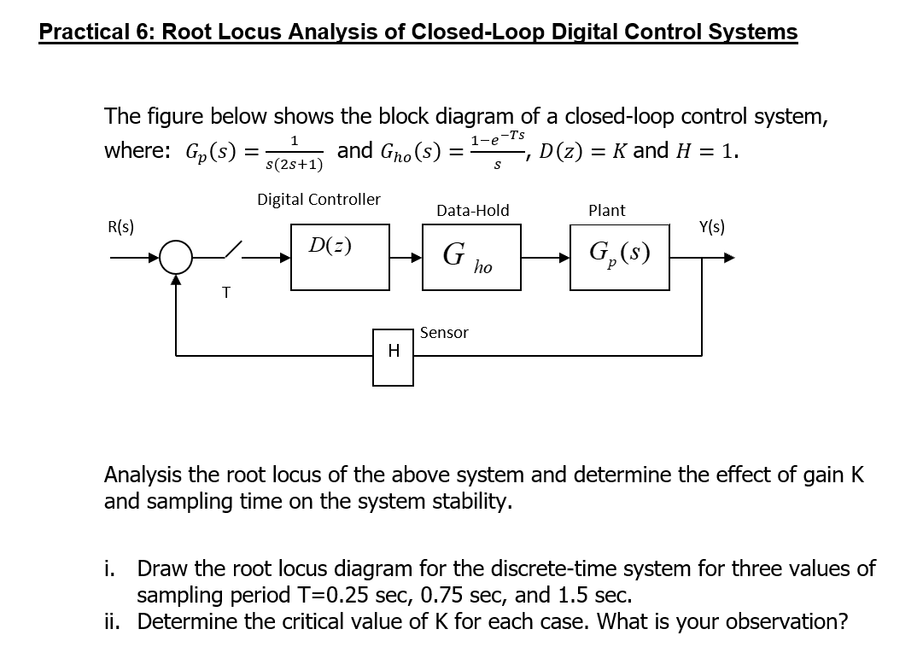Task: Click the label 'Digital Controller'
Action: tap(318, 199)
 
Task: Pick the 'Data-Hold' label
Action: tap(472, 210)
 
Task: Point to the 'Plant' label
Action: tap(606, 210)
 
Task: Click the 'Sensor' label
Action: tap(444, 333)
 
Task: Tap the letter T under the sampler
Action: tap(225, 293)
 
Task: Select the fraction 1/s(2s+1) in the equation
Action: tap(294, 152)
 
